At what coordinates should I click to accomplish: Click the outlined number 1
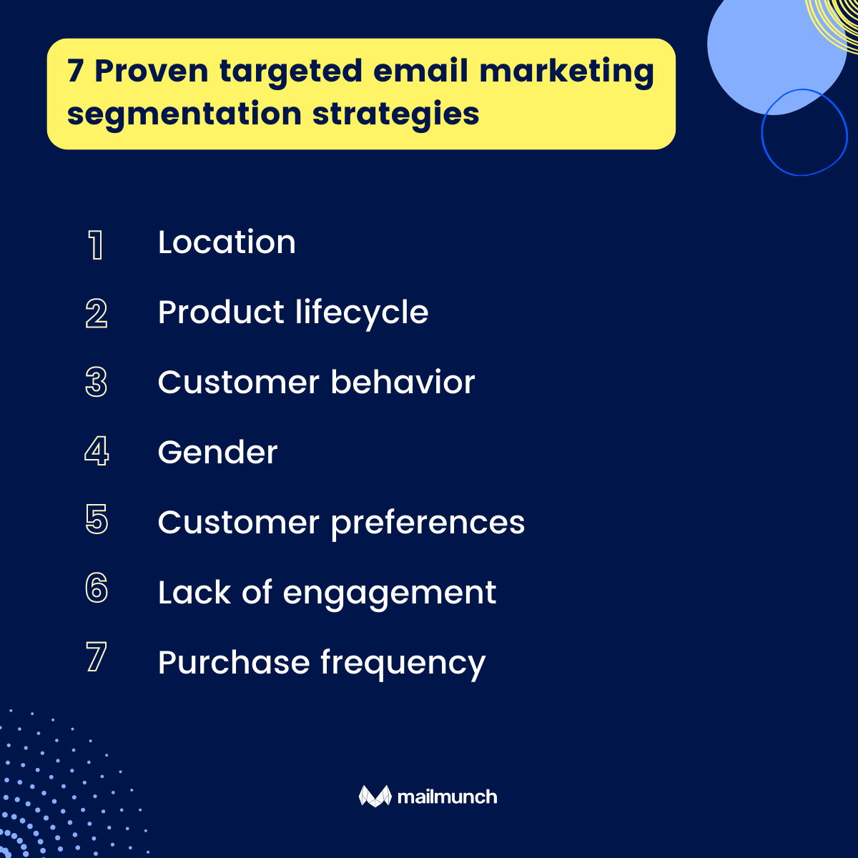pos(96,245)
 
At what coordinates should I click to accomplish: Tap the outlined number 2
pos(97,313)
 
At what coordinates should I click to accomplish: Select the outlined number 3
pos(97,383)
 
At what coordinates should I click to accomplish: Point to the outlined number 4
pos(97,452)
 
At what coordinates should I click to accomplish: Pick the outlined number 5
pos(97,520)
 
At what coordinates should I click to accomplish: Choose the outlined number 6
pos(97,588)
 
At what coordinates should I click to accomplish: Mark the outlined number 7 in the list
pos(97,658)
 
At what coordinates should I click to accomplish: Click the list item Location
pos(227,242)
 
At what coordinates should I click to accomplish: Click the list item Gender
pos(217,453)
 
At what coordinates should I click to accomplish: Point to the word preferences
pos(428,523)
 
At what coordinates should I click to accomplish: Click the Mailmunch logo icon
pos(375,796)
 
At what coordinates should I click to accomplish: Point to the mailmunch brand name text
pos(447,797)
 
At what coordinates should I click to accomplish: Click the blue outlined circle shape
pos(804,132)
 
